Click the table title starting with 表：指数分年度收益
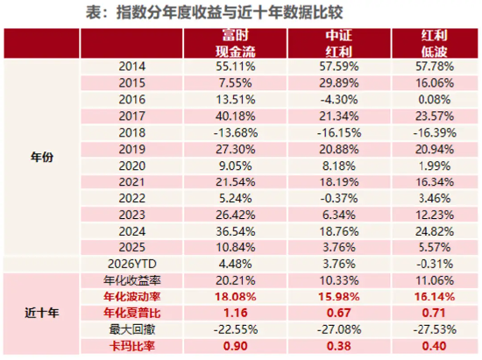240,12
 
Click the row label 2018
131,130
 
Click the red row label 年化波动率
131,296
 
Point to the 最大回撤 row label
131,328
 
